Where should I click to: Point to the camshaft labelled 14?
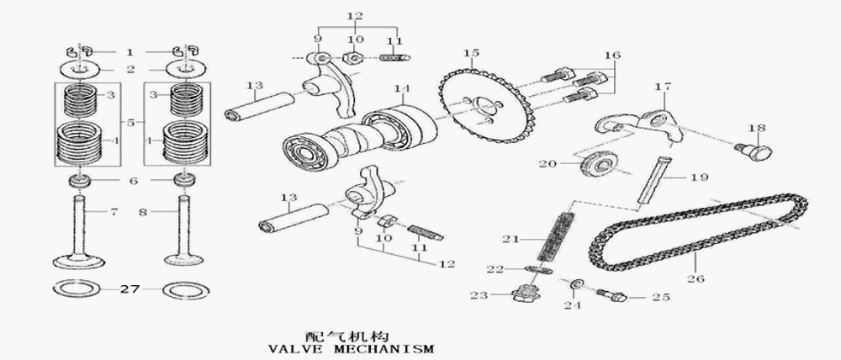coord(362,135)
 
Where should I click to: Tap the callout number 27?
coord(128,289)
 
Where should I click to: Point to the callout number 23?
coord(479,294)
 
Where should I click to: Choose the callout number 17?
coord(663,86)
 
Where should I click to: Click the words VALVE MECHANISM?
coord(350,347)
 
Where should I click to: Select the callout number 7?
coord(114,213)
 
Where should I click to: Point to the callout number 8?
coord(142,213)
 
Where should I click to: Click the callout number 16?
coord(611,56)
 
